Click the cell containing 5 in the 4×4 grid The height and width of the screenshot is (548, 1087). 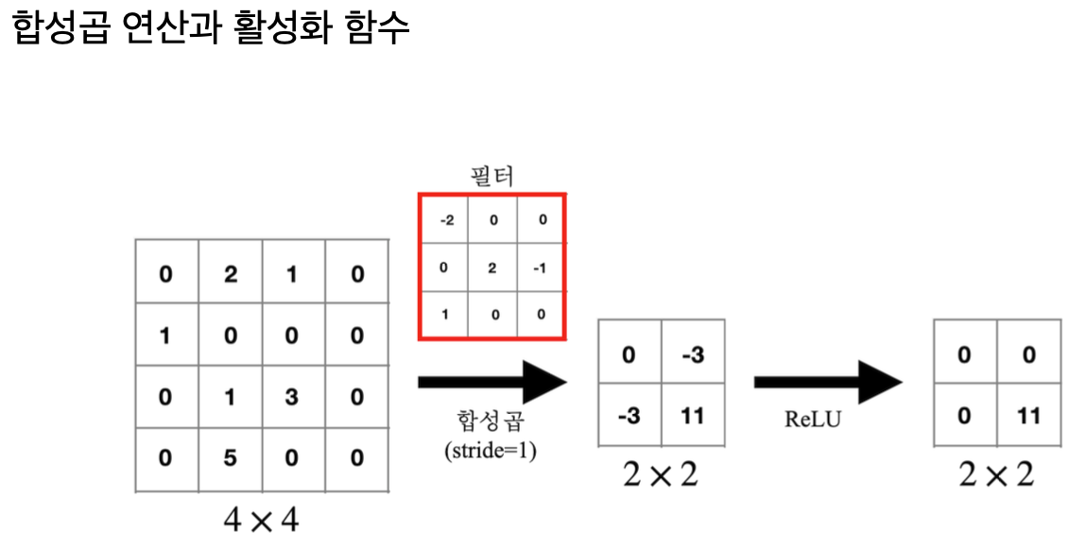(x=230, y=458)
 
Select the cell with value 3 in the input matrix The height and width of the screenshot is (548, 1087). (x=292, y=397)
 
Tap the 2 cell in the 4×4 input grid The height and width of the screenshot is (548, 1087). (x=230, y=275)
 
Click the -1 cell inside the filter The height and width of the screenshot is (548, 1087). (x=540, y=267)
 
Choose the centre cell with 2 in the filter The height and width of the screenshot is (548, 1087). (x=492, y=267)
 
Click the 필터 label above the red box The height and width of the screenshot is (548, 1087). (x=492, y=177)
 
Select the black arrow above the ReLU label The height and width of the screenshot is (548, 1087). (x=827, y=382)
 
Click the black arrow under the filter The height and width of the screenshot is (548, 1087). (x=492, y=382)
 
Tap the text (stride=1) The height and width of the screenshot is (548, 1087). (x=491, y=451)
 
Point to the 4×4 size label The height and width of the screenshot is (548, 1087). (x=261, y=519)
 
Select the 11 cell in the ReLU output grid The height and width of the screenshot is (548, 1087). (x=1029, y=415)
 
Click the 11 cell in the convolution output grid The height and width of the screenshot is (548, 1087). (x=693, y=415)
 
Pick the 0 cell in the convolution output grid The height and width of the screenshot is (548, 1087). (x=630, y=354)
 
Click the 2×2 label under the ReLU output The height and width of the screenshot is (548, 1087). (x=996, y=473)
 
